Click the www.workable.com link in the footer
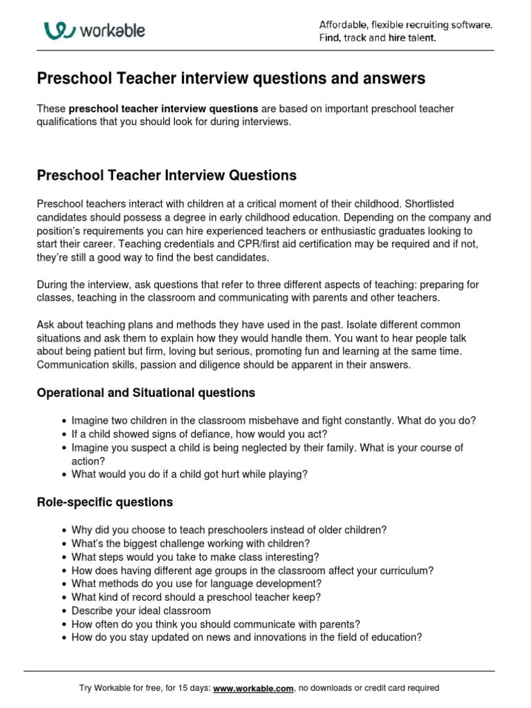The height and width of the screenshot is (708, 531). click(x=254, y=688)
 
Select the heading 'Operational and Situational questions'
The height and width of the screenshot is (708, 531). click(x=146, y=393)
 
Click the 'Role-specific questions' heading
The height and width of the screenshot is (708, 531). click(x=104, y=502)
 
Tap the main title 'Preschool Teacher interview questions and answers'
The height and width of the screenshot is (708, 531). click(x=231, y=79)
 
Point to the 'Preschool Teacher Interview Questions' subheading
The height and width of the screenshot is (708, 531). click(x=166, y=176)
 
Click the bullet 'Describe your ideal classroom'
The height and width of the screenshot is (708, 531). click(x=141, y=611)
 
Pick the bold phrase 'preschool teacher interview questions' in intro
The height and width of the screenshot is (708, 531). click(x=164, y=109)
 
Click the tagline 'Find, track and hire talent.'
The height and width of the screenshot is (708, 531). click(x=378, y=38)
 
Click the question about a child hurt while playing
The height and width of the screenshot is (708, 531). click(x=189, y=474)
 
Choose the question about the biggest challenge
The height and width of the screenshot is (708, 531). click(x=190, y=543)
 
